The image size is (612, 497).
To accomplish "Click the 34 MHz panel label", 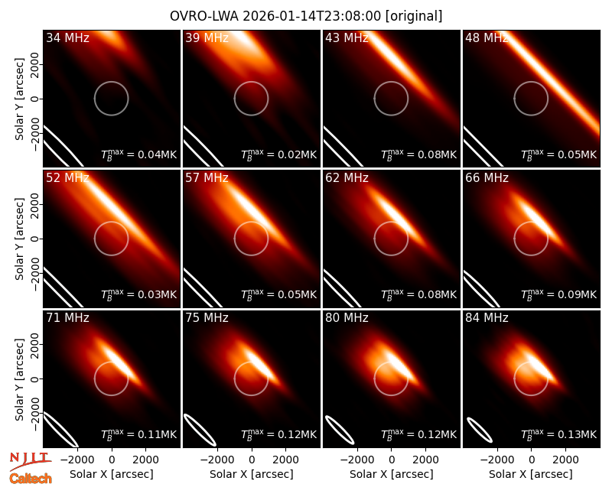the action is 67,37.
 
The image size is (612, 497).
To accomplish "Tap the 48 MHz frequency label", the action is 487,37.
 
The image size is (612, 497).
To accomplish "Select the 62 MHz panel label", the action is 347,178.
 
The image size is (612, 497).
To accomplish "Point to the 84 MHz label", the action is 487,318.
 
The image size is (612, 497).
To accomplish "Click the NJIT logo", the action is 30,460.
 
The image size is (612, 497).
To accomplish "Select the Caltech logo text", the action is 31,479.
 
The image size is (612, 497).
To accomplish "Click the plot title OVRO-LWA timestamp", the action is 306,16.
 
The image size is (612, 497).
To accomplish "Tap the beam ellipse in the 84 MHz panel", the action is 479,429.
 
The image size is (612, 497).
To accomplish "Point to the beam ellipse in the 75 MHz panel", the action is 200,430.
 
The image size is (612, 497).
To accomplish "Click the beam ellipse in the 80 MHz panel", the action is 340,430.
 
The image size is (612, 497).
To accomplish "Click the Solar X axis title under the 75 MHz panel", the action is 252,474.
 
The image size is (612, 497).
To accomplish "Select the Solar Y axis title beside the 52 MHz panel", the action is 19,239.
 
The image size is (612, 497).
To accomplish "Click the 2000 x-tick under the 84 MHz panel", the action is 565,460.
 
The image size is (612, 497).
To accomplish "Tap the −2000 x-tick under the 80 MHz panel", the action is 353,460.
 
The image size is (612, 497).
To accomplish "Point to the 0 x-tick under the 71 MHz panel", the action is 112,460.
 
